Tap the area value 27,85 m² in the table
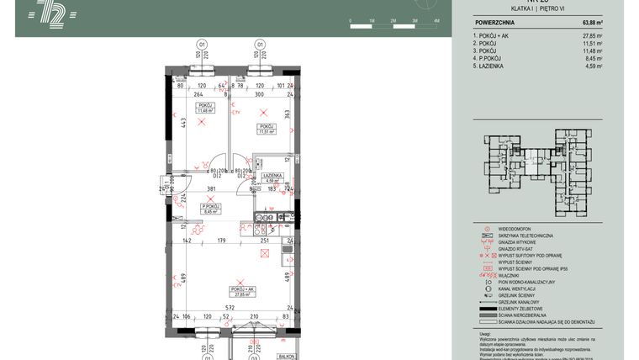coord(592,37)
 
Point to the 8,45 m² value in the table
coord(594,59)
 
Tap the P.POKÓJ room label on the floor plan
coord(209,206)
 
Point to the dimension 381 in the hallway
coord(211,188)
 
